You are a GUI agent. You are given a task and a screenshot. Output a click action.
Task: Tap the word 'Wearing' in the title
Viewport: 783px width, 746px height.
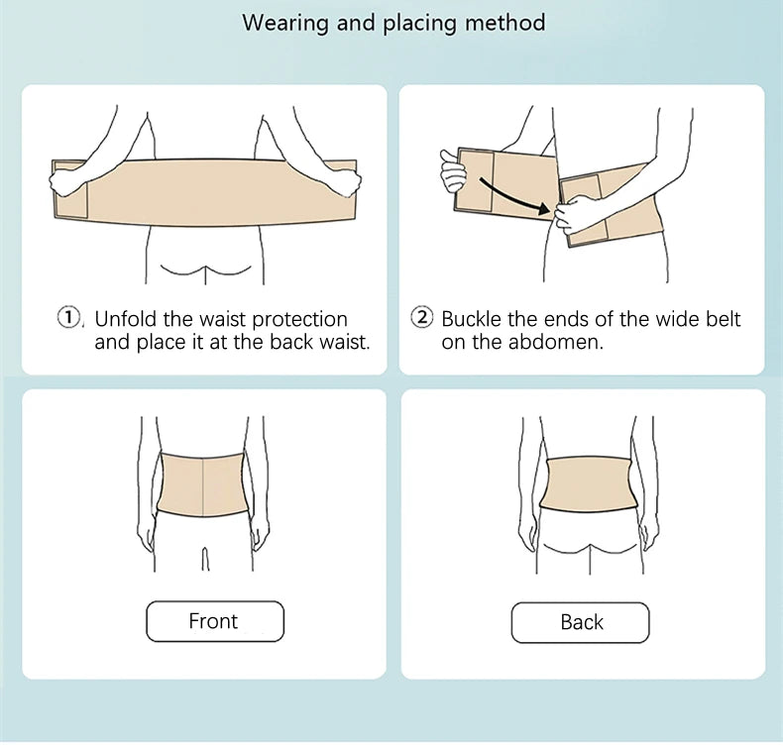285,22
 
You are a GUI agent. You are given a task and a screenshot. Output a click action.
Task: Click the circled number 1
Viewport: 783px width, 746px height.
67,318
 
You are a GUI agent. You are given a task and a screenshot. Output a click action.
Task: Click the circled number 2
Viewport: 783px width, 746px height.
422,318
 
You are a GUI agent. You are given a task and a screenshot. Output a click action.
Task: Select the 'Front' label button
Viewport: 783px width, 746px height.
214,621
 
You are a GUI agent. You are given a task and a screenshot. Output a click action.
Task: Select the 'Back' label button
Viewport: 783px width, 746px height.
581,622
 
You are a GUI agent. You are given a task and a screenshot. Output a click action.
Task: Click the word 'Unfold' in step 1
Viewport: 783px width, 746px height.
126,319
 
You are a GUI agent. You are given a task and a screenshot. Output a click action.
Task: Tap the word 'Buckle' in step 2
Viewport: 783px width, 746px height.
472,319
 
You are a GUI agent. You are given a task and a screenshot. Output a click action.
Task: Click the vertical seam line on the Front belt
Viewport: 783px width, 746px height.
203,489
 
